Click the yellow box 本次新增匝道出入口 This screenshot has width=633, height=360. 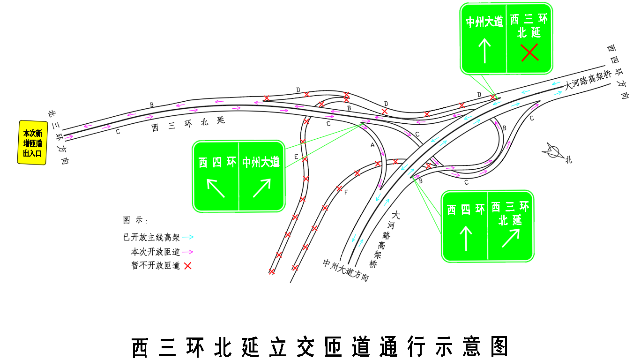(32, 142)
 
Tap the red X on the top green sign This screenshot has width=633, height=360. (529, 52)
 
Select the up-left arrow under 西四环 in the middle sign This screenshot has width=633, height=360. (216, 188)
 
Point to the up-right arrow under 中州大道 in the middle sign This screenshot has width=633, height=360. (262, 188)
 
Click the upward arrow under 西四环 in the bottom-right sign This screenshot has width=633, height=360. (466, 239)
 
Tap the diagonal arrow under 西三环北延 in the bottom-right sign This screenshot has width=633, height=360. (511, 238)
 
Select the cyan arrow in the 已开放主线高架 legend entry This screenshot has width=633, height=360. (188, 237)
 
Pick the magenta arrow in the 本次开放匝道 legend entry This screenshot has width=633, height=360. (187, 251)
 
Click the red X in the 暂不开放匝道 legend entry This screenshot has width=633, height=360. (187, 265)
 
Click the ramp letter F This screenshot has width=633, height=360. (346, 192)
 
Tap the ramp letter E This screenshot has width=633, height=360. (296, 157)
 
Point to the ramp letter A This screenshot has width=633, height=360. (372, 145)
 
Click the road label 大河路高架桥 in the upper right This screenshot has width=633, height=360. (588, 80)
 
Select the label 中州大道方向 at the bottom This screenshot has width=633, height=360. (346, 270)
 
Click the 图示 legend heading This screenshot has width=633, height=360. (135, 220)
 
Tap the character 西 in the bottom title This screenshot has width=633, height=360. (140, 347)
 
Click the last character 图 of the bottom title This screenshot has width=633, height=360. (499, 346)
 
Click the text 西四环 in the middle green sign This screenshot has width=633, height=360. (217, 162)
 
